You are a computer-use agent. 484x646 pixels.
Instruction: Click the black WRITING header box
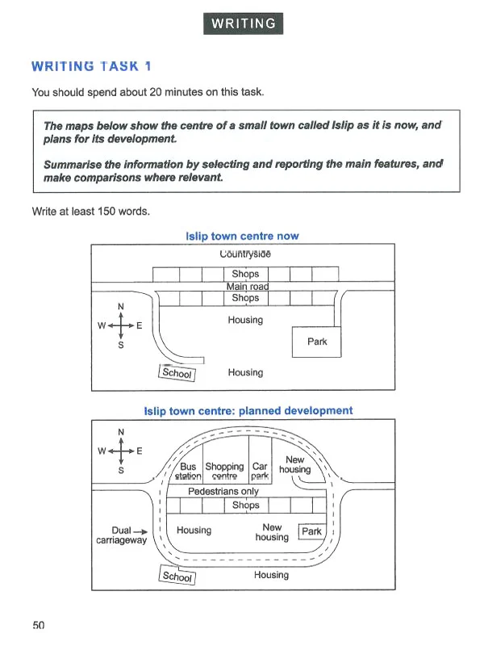point(243,23)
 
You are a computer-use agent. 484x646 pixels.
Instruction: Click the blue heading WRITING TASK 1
point(90,66)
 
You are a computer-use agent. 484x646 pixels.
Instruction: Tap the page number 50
point(39,624)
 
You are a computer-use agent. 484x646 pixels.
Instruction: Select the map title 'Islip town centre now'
point(242,237)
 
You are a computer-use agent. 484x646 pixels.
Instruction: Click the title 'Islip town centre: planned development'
point(248,410)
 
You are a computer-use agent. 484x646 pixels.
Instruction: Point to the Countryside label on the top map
point(245,254)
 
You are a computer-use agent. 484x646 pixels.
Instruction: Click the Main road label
point(247,286)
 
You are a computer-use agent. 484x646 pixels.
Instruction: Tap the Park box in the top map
point(317,342)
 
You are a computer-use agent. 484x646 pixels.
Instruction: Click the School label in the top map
point(177,373)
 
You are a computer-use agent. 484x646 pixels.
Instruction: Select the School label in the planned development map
point(177,576)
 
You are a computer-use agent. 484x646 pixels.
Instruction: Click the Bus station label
point(188,472)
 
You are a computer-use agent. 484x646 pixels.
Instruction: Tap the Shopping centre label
point(224,472)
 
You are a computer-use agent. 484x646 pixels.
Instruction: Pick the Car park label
point(260,472)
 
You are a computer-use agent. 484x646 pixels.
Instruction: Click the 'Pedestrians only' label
point(223,491)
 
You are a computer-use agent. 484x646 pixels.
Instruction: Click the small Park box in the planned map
point(311,531)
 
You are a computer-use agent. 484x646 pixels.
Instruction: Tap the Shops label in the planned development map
point(246,505)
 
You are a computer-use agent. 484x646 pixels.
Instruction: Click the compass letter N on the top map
point(121,306)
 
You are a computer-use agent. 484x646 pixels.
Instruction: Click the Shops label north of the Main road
point(245,274)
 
